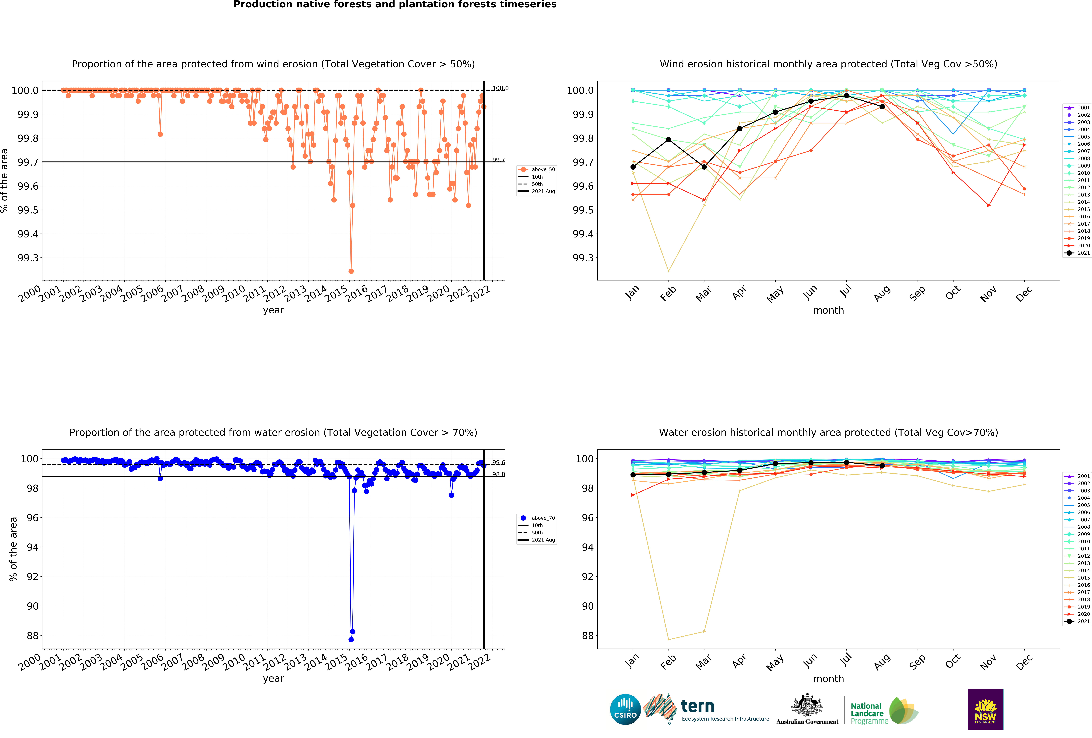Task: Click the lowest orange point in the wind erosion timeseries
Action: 351,271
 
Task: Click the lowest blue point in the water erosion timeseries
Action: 351,639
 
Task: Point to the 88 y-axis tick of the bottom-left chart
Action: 33,636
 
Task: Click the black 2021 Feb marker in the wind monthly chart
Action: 669,140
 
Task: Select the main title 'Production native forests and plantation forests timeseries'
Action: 395,5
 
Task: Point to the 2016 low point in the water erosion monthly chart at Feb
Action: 669,639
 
